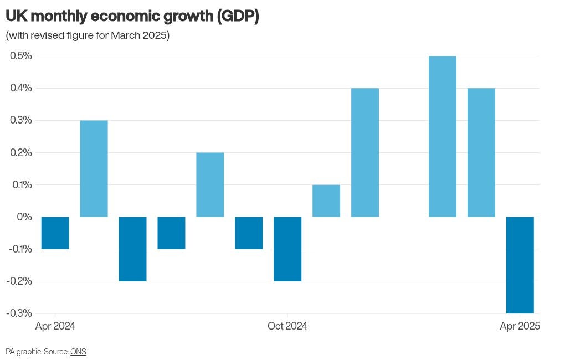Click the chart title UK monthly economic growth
[x=132, y=17]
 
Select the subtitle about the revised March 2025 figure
[x=88, y=35]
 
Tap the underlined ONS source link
[x=78, y=352]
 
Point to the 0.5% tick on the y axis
[x=19, y=56]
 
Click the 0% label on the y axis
[x=24, y=217]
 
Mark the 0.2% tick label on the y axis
[x=19, y=152]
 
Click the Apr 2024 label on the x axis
[x=55, y=326]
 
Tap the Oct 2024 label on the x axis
[x=287, y=326]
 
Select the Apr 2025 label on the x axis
[x=520, y=326]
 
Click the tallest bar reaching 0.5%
[x=443, y=136]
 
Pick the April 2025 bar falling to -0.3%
[x=520, y=265]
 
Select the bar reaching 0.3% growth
[x=94, y=168]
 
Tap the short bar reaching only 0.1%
[x=326, y=200]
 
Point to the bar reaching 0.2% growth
[x=210, y=184]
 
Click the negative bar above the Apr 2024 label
[x=55, y=233]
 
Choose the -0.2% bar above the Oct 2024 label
[x=287, y=249]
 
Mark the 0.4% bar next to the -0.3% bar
[x=481, y=152]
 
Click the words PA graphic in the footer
[x=22, y=352]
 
